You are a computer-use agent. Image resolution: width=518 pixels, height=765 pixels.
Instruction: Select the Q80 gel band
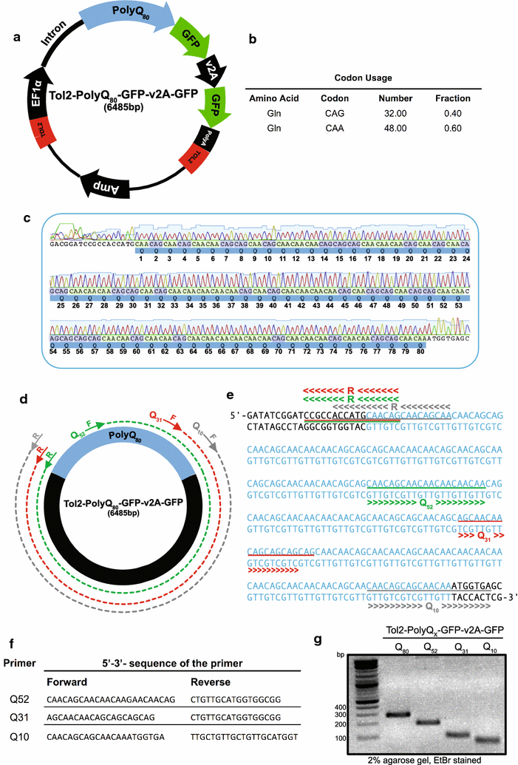398,714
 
